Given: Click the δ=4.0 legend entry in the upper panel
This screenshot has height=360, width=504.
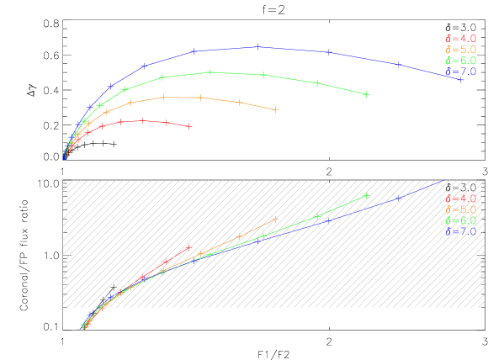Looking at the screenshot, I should point(460,39).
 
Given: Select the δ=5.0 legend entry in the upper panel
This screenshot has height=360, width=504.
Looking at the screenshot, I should point(460,50).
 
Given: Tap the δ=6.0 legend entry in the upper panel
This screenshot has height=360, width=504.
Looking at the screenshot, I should point(460,61).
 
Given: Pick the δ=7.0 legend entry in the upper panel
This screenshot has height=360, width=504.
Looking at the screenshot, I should point(460,71).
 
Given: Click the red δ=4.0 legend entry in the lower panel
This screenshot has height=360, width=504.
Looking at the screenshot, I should point(460,199).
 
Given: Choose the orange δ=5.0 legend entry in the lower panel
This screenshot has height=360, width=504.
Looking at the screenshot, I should point(460,209).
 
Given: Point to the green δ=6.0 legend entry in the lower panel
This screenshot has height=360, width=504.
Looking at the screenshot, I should point(460,220).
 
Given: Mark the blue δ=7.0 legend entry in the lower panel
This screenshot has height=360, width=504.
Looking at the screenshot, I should point(460,231).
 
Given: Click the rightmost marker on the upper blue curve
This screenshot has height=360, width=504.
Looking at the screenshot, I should point(461,78).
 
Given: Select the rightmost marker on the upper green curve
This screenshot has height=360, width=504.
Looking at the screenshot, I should point(367,94).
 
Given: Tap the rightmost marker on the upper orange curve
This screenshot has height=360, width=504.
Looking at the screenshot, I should point(276,109).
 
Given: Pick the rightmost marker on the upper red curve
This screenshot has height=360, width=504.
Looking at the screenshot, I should point(189,126).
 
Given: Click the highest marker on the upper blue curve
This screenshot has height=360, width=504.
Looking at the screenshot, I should point(257,47).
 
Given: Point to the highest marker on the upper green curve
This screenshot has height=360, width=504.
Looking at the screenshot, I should point(210,72).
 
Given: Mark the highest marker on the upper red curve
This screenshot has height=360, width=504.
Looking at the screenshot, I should point(142,120).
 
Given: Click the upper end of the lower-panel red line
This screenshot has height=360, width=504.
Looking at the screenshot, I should point(188,247).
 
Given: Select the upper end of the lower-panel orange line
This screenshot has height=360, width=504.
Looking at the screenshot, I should point(275,220).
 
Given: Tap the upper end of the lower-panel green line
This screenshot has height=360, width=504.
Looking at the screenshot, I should point(366,196).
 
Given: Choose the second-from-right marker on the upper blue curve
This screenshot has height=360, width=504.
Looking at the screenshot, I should point(328,52).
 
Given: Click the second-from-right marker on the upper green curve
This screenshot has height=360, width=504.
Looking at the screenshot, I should point(316,82).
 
